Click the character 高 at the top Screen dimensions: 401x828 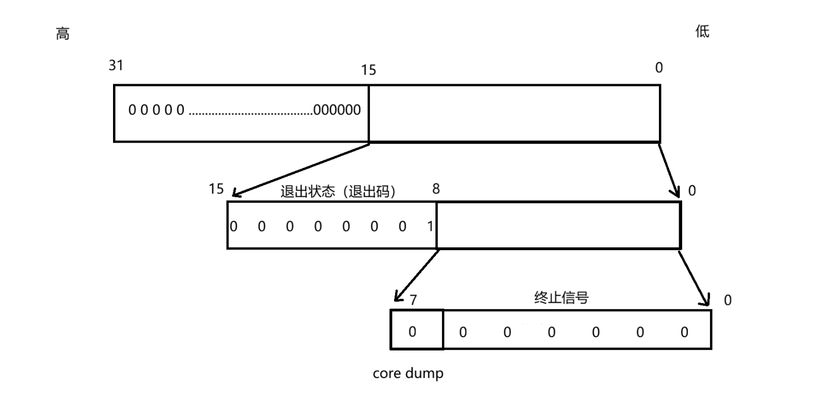click(x=63, y=34)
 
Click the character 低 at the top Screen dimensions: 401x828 click(x=702, y=31)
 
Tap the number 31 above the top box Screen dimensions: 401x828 click(x=116, y=65)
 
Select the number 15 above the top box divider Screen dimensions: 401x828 click(x=368, y=70)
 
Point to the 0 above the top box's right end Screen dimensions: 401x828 click(x=658, y=68)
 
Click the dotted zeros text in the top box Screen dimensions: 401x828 click(x=244, y=110)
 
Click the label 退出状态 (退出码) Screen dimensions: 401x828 click(x=338, y=191)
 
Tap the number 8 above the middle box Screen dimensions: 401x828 click(x=436, y=189)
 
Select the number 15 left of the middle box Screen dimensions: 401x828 click(x=216, y=189)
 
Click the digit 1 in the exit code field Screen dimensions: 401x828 click(x=430, y=226)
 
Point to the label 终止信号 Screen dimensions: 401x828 click(x=561, y=298)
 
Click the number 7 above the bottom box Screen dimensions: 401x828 click(x=413, y=300)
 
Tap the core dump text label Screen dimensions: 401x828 click(x=408, y=373)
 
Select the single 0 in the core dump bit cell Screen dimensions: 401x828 click(x=412, y=331)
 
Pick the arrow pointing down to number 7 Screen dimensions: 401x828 click(x=417, y=275)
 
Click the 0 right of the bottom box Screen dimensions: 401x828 click(x=727, y=300)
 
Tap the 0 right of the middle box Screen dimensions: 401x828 click(x=692, y=190)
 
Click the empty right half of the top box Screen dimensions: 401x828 click(x=514, y=113)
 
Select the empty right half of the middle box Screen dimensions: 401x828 click(x=558, y=225)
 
